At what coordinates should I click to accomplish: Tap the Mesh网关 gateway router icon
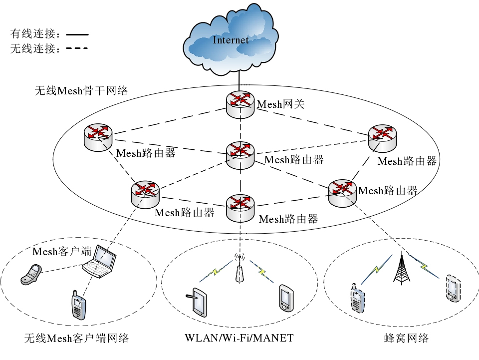pyautogui.click(x=240, y=103)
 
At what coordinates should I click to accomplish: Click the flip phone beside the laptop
pyautogui.click(x=31, y=275)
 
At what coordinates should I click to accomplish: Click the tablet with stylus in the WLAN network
pyautogui.click(x=199, y=302)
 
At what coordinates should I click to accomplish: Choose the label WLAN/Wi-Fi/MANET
pyautogui.click(x=239, y=338)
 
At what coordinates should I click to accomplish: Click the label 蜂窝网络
pyautogui.click(x=401, y=338)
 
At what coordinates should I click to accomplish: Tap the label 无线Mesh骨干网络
pyautogui.click(x=81, y=90)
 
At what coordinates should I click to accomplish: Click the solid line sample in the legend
pyautogui.click(x=77, y=35)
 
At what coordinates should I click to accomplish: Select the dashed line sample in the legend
pyautogui.click(x=77, y=48)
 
